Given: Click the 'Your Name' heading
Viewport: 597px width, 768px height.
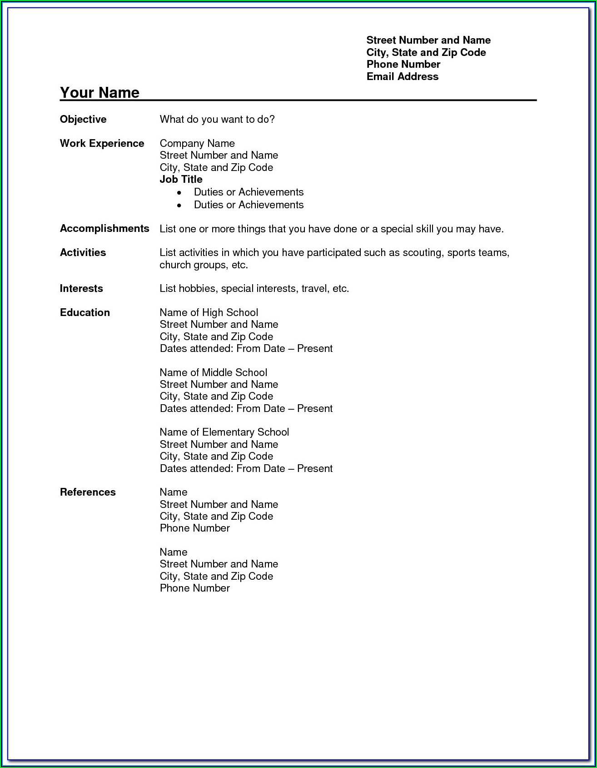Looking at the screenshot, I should [99, 92].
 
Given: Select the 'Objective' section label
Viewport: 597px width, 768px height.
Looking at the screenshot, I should [83, 119].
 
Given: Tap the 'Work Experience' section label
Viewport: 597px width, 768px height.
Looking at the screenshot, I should [102, 143].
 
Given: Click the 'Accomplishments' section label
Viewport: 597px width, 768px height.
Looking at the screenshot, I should [104, 228].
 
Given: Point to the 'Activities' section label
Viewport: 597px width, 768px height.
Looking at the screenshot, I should [83, 252].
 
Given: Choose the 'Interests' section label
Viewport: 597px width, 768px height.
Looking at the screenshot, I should [81, 288].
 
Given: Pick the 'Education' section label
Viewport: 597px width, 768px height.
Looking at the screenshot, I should [85, 312].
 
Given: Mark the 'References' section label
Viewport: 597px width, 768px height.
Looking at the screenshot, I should [88, 492].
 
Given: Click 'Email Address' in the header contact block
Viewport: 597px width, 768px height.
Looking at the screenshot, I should [402, 76].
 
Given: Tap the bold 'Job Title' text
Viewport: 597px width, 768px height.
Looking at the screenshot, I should [181, 179].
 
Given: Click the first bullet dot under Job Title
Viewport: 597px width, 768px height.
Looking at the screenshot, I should [179, 193].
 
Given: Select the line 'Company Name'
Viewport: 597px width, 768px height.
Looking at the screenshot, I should [197, 143].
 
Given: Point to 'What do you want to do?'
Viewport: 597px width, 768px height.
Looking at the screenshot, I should [217, 119].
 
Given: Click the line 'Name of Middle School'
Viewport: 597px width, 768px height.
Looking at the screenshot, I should [213, 372].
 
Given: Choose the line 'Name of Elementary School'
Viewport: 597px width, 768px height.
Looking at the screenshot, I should [224, 432].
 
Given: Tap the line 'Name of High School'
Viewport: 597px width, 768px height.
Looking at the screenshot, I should [209, 312].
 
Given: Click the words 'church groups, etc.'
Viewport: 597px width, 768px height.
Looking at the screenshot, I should [204, 265].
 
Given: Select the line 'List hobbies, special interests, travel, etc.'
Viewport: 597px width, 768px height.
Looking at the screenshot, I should [254, 288].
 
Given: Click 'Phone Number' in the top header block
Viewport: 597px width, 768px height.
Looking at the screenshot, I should [403, 64].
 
